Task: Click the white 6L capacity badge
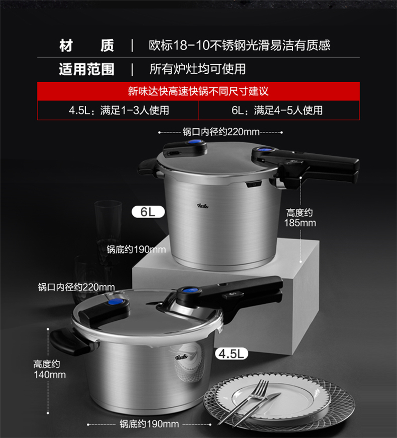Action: point(148,212)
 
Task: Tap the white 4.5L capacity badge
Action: point(231,354)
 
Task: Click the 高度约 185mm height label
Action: point(300,217)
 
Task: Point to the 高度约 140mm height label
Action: point(49,369)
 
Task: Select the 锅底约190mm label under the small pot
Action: point(149,424)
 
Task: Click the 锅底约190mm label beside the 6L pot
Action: point(136,249)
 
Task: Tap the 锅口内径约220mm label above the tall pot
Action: point(221,132)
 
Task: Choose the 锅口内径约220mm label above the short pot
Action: point(76,287)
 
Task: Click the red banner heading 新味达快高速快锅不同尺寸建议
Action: point(198,91)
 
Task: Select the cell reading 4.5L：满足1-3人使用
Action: point(119,110)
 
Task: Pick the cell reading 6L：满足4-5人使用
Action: point(277,110)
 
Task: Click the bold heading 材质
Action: point(87,45)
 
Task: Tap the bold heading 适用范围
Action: point(87,69)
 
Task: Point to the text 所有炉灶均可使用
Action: point(197,69)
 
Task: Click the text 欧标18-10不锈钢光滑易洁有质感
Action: point(239,45)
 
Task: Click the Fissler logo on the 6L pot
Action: point(203,206)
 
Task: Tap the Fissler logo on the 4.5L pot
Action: point(182,357)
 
